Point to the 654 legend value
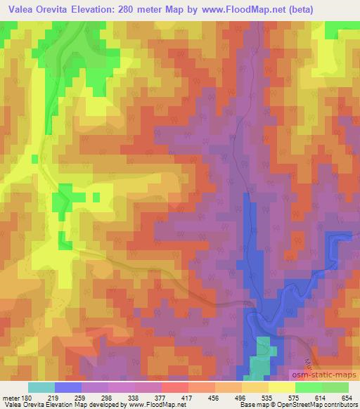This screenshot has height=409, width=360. tap(348, 397)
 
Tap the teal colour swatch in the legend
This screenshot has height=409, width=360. tap(41, 387)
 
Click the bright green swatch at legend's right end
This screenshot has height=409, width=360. tap(335, 387)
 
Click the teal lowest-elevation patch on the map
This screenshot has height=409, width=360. tap(262, 358)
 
